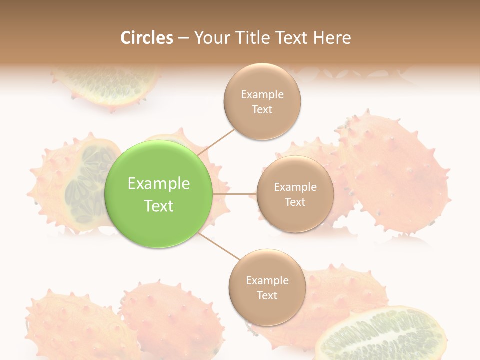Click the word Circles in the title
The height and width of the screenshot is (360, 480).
click(x=146, y=38)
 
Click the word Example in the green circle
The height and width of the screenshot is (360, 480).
click(x=159, y=184)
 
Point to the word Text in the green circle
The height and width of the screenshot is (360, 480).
click(x=159, y=206)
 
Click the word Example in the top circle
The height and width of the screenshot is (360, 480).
click(x=262, y=95)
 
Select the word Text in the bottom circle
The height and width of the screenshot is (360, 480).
click(x=267, y=295)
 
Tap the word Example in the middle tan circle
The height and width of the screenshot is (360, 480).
click(x=295, y=187)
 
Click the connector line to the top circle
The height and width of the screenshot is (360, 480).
click(x=216, y=141)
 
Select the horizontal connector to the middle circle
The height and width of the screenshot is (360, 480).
click(x=234, y=194)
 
